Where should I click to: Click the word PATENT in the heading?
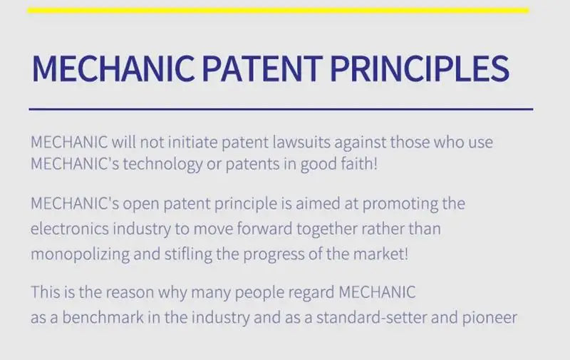coord(262,68)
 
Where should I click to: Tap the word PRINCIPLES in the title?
coord(420,68)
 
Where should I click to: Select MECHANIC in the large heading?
coord(113,68)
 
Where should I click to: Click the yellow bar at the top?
coord(278,11)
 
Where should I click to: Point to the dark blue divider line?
coord(281,109)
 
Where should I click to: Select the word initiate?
coord(192,142)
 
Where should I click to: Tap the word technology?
coord(162,165)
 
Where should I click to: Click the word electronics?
coord(69,229)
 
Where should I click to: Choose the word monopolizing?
coord(80,254)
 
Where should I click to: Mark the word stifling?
coord(188,254)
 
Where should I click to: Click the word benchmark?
coord(103,317)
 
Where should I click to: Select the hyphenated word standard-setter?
coord(371,317)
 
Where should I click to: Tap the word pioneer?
coord(489,318)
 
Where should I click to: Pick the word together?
coord(327,229)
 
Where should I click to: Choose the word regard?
coord(311,293)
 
